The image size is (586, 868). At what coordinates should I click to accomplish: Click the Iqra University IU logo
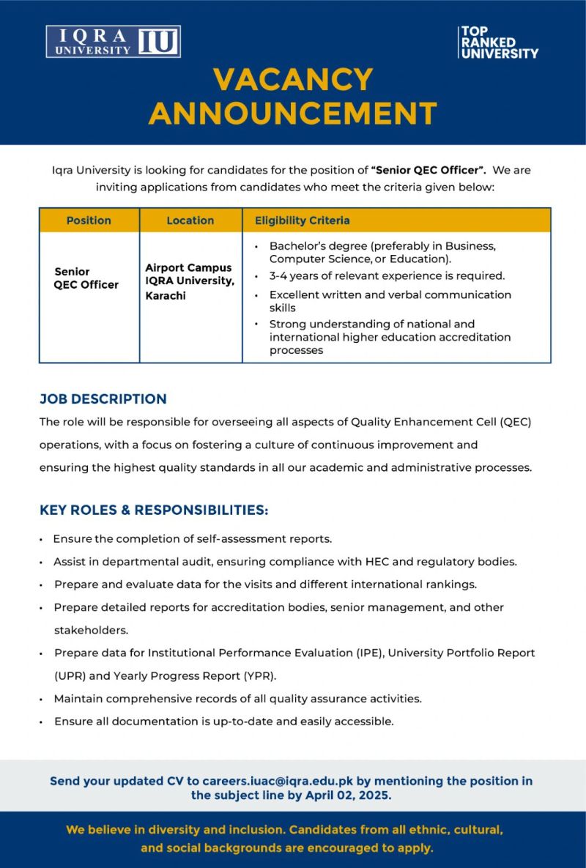pyautogui.click(x=113, y=42)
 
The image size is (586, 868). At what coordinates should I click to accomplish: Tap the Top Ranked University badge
pyautogui.click(x=498, y=42)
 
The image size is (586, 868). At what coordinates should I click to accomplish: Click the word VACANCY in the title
pyautogui.click(x=293, y=79)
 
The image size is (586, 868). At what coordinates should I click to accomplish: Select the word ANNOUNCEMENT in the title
pyautogui.click(x=293, y=114)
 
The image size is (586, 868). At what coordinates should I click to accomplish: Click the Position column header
pyautogui.click(x=89, y=220)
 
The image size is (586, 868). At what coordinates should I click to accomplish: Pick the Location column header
pyautogui.click(x=190, y=220)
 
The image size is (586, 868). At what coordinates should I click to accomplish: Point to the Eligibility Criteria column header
pyautogui.click(x=302, y=220)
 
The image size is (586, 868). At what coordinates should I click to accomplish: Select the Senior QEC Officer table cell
pyautogui.click(x=86, y=278)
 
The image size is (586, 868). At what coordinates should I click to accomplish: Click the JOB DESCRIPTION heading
pyautogui.click(x=103, y=399)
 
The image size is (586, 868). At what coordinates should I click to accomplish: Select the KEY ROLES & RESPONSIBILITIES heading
pyautogui.click(x=154, y=510)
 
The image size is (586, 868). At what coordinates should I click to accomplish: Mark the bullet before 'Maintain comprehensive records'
pyautogui.click(x=42, y=700)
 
